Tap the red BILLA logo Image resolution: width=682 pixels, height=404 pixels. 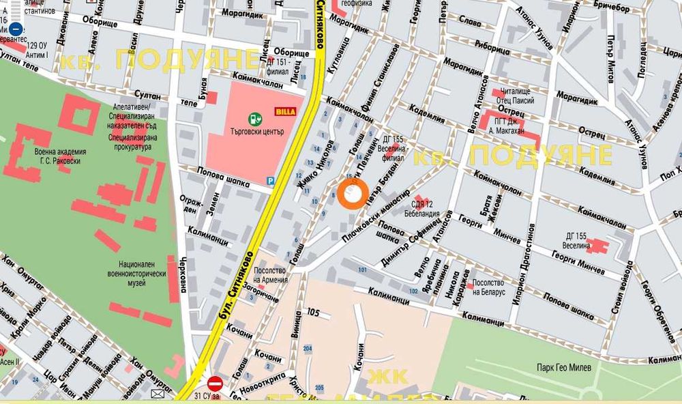coord(284,111)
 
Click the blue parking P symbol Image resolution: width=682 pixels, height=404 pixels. coord(271,181)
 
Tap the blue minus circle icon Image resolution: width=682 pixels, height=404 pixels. coord(16,29)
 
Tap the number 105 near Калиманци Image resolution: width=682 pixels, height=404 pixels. coord(313,312)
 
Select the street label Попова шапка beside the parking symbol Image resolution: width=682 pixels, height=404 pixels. coord(219,173)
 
